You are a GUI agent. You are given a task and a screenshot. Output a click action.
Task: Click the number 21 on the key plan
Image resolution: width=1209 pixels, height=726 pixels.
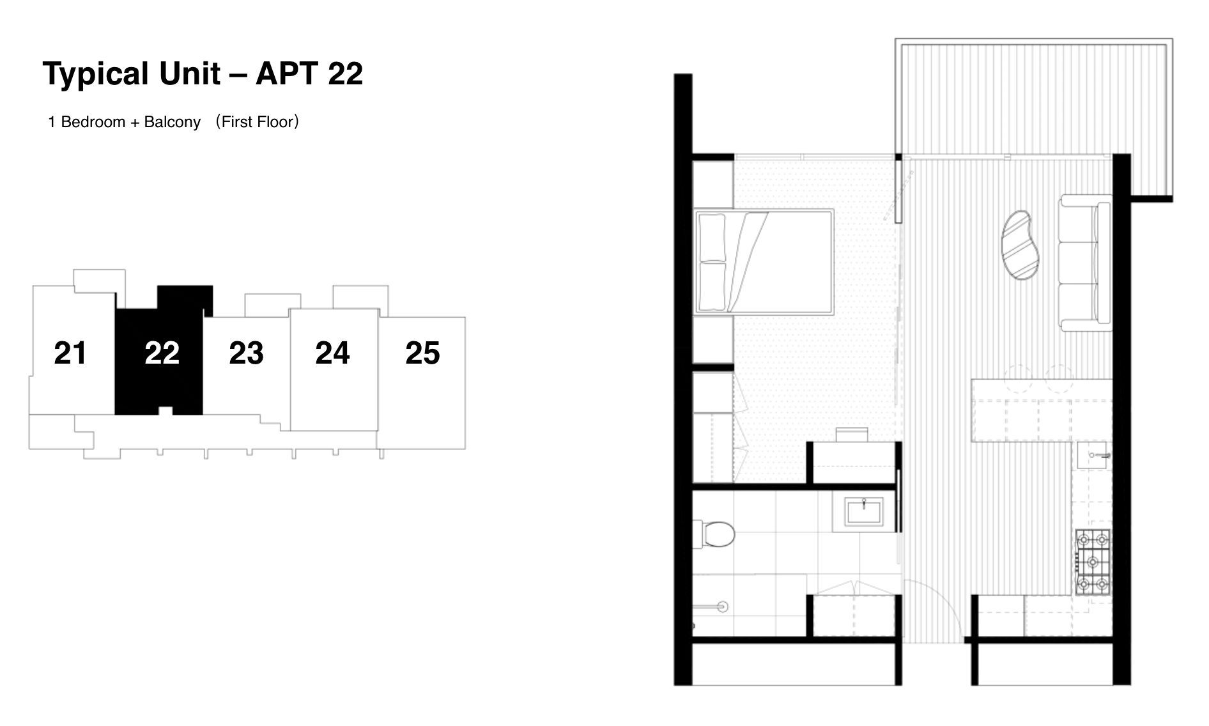point(70,353)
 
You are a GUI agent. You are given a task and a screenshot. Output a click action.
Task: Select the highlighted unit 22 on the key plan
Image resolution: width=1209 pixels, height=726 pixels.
point(162,353)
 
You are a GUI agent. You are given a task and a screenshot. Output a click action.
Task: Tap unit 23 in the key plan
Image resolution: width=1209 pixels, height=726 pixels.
point(246,353)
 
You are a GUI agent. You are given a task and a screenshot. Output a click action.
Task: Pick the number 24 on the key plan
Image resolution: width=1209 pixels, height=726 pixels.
point(332,353)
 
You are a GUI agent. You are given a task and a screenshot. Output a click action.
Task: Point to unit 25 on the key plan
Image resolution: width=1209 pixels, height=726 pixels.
point(422,353)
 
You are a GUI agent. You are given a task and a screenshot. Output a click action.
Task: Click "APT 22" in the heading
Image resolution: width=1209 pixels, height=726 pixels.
point(309,73)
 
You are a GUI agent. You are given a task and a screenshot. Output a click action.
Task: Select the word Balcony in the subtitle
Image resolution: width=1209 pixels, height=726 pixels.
point(172,122)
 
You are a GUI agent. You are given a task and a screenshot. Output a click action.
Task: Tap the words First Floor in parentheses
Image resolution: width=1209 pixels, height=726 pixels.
point(258,122)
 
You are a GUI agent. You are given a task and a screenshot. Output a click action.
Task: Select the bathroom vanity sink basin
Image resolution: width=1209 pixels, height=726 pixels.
point(863,512)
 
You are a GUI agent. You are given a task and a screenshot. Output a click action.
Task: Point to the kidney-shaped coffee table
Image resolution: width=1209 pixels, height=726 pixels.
point(1020,245)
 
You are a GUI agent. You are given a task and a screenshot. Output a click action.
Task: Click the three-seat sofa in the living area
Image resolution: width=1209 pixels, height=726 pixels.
point(1084,263)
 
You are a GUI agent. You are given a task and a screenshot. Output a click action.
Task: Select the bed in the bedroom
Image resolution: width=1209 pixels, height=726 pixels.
point(764,261)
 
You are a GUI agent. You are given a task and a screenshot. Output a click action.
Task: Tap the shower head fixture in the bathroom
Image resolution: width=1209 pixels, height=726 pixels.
point(722,606)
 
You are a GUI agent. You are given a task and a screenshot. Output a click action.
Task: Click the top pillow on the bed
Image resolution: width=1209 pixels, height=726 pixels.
point(713,237)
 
